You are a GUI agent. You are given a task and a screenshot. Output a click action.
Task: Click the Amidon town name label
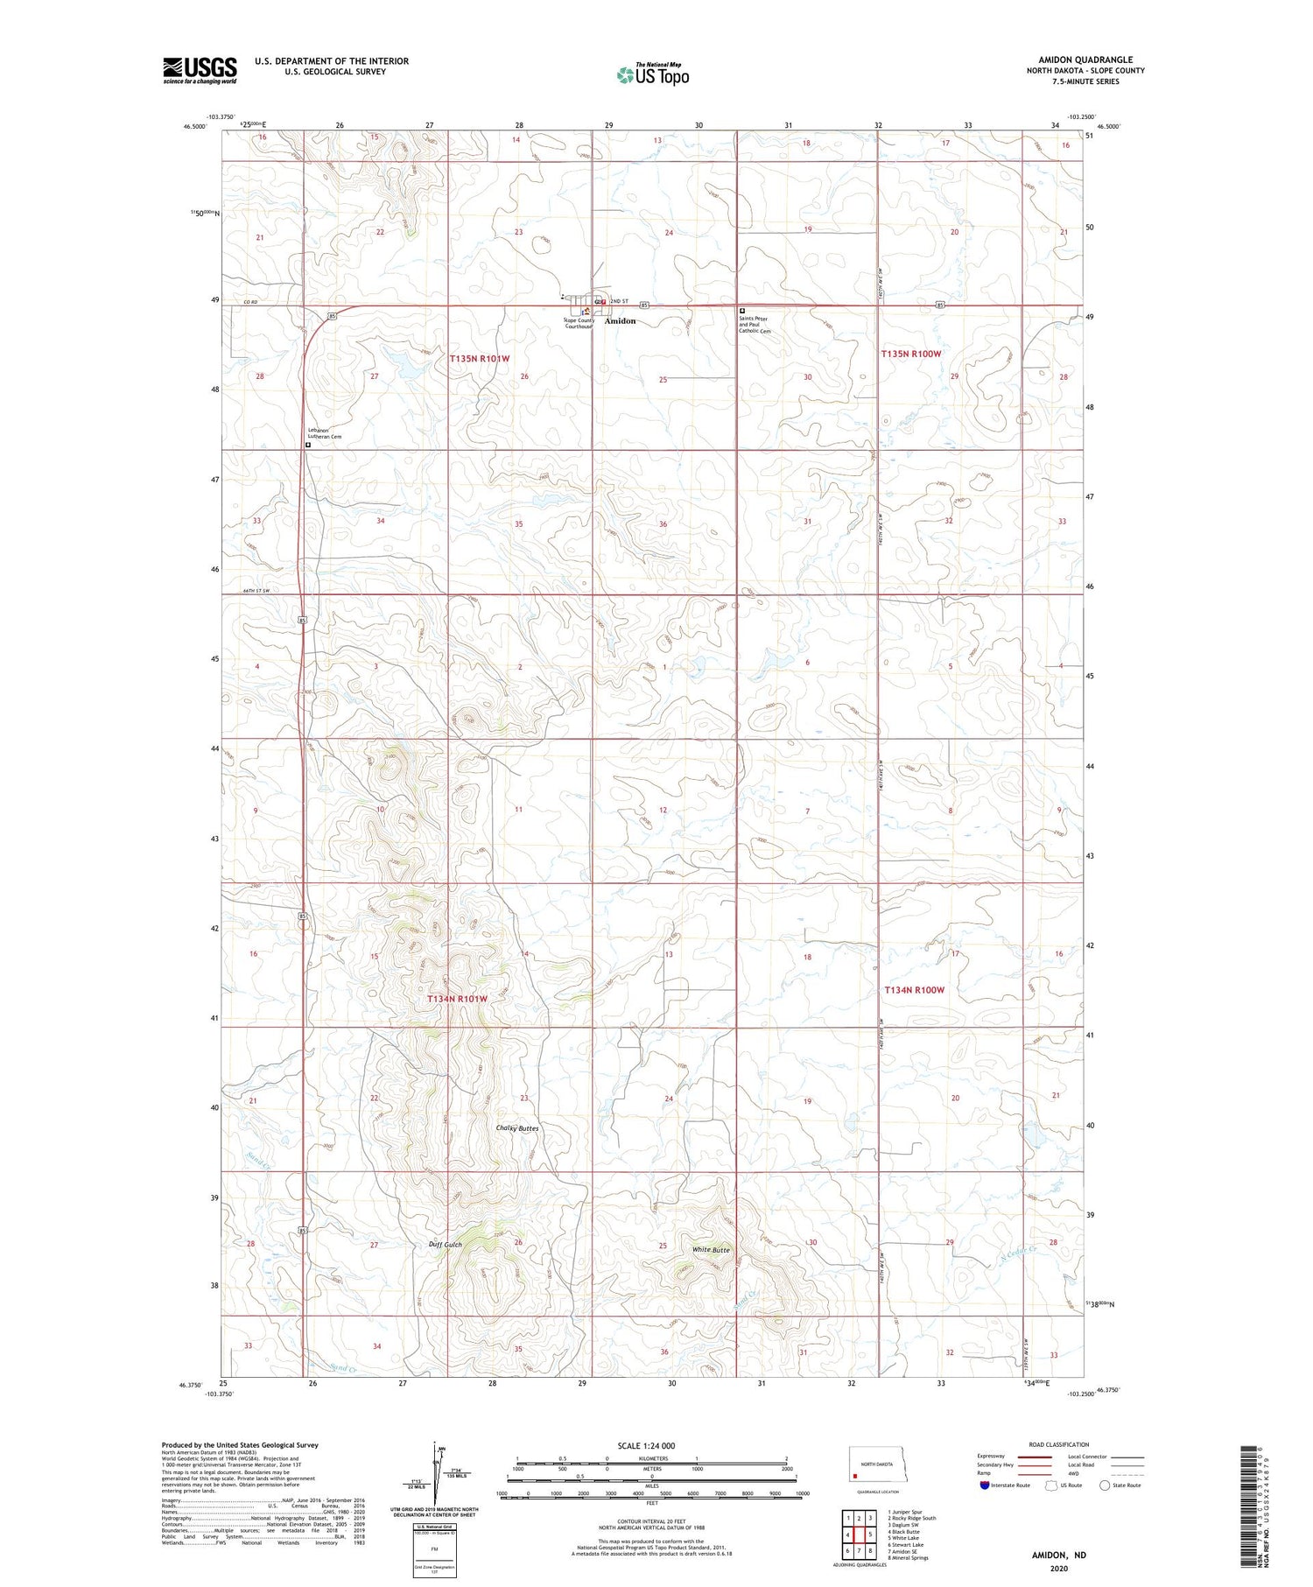pos(620,321)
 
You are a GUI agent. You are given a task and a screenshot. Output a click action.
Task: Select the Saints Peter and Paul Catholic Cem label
pos(755,325)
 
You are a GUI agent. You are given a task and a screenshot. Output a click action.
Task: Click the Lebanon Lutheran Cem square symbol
pos(308,445)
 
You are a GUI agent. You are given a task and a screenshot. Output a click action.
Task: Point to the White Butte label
pos(711,1250)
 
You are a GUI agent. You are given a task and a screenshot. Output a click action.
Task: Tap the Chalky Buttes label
pos(516,1128)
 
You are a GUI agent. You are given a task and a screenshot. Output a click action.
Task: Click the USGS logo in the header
pos(200,70)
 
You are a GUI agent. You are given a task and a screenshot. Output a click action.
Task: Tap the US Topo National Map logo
pos(652,75)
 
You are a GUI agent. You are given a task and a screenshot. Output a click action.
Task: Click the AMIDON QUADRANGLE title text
pos(1085,60)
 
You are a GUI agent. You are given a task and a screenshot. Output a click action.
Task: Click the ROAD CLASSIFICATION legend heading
pos(1059,1445)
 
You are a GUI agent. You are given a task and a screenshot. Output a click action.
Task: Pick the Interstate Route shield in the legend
pos(986,1485)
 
